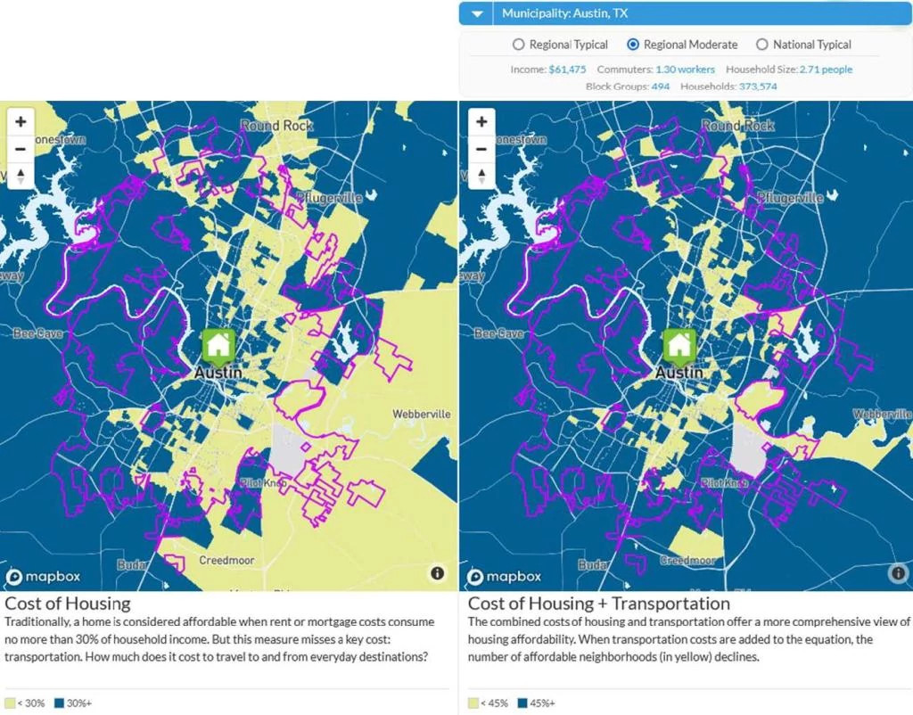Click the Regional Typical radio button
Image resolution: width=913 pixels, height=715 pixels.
click(519, 45)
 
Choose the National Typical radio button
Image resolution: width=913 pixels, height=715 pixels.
click(761, 45)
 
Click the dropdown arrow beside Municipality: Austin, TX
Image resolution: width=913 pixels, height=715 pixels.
click(478, 14)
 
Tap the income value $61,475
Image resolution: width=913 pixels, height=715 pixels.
click(567, 70)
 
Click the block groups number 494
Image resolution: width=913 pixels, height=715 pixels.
click(660, 86)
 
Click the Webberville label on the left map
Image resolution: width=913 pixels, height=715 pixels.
click(422, 415)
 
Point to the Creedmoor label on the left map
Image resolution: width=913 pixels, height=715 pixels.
click(226, 561)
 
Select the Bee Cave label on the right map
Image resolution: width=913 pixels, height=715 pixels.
click(498, 333)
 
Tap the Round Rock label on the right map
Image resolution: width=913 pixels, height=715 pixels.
click(738, 127)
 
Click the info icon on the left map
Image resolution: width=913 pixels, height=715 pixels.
click(437, 573)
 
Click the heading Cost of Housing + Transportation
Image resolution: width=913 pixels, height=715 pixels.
click(599, 604)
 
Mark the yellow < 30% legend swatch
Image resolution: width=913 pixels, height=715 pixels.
click(10, 703)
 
